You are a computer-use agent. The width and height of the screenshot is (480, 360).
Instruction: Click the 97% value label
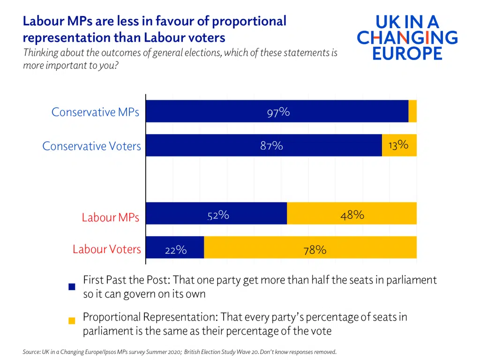(x=278, y=112)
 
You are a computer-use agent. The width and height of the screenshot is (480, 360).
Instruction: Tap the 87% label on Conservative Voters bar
(x=271, y=146)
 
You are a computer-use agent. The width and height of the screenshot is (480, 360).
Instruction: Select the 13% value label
(x=398, y=145)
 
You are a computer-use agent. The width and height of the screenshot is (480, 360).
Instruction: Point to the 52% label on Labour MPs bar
(x=218, y=215)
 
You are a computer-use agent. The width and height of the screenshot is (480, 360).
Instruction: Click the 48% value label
(x=352, y=215)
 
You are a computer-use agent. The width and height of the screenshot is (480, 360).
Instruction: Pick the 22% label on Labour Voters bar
(x=175, y=250)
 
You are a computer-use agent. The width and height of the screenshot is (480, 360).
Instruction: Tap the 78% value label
(x=315, y=250)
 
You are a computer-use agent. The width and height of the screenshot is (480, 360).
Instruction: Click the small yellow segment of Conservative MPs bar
(x=412, y=111)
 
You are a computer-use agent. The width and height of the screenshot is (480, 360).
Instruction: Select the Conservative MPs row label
(x=95, y=112)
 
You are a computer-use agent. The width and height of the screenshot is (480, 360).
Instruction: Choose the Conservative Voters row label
(x=91, y=146)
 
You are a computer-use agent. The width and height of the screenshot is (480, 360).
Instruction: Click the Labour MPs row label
(x=110, y=217)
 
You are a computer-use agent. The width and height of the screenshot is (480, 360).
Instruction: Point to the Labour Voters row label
(x=106, y=249)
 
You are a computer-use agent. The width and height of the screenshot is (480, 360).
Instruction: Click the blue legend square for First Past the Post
(x=72, y=287)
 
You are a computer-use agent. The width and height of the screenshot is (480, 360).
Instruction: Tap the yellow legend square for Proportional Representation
(x=72, y=321)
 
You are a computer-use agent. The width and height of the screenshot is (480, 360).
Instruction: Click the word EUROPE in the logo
(x=407, y=52)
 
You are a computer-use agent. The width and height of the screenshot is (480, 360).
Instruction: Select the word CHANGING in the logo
(x=407, y=37)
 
